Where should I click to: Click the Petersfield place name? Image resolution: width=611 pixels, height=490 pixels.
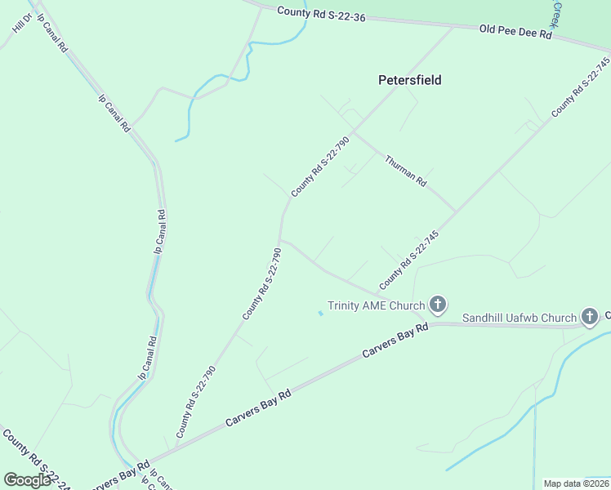coord(410,80)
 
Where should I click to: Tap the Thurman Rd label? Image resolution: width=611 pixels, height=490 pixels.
coord(406,171)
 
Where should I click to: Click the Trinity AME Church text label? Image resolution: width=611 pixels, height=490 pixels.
coord(376,306)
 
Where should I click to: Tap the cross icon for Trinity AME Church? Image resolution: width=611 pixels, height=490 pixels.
coord(438,305)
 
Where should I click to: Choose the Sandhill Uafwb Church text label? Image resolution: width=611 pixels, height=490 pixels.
coord(520,317)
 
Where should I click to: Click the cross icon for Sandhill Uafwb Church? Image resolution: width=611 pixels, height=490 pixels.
coord(590,316)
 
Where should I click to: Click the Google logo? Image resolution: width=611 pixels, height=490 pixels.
coord(27,480)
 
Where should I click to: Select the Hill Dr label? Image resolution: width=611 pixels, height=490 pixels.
coord(21,23)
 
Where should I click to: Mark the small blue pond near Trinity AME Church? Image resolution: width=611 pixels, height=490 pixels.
coord(320,313)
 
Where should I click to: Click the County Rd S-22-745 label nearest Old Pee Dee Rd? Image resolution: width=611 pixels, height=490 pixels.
coord(581,87)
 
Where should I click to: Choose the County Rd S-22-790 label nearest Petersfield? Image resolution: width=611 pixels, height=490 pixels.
coord(320,166)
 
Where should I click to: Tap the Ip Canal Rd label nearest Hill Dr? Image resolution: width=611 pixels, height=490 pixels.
coord(51,33)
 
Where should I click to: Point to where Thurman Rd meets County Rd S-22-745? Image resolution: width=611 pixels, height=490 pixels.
coord(455,211)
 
